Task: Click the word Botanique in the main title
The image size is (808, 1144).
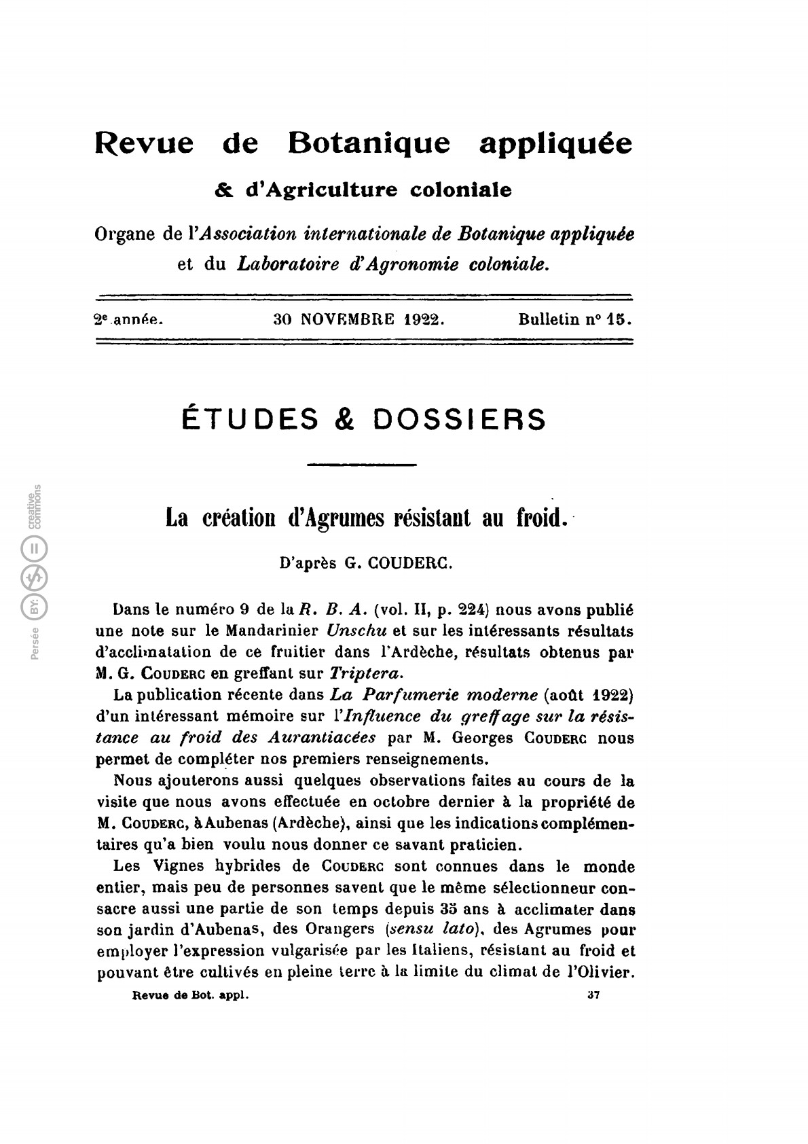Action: (x=369, y=143)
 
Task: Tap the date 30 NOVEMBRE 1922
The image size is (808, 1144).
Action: (x=359, y=319)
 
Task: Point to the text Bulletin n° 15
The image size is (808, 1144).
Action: (x=574, y=319)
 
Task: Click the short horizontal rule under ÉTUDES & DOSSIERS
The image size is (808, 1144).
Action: (x=362, y=465)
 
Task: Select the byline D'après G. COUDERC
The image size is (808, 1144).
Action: (x=366, y=564)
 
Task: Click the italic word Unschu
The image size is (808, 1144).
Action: (x=357, y=630)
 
